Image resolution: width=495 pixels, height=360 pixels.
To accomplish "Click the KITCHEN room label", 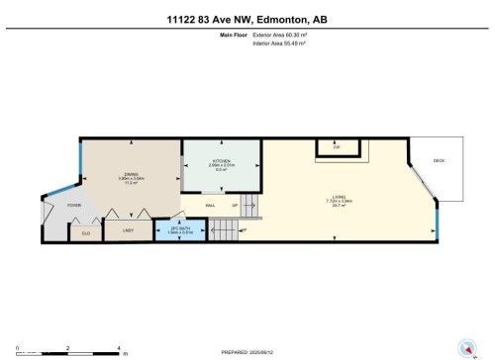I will pyautogui.click(x=221, y=161).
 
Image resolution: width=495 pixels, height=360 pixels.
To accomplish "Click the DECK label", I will pyautogui.click(x=439, y=160).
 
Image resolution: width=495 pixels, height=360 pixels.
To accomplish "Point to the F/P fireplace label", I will pyautogui.click(x=337, y=144).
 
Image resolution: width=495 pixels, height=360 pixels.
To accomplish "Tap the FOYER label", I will pyautogui.click(x=73, y=206).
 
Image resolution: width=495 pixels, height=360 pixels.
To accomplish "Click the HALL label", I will pyautogui.click(x=211, y=205).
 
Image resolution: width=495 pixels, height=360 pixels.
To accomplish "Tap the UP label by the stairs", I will pyautogui.click(x=234, y=205).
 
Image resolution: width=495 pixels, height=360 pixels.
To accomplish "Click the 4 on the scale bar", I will pyautogui.click(x=118, y=349).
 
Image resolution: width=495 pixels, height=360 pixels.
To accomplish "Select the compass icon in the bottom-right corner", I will pyautogui.click(x=464, y=346).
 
